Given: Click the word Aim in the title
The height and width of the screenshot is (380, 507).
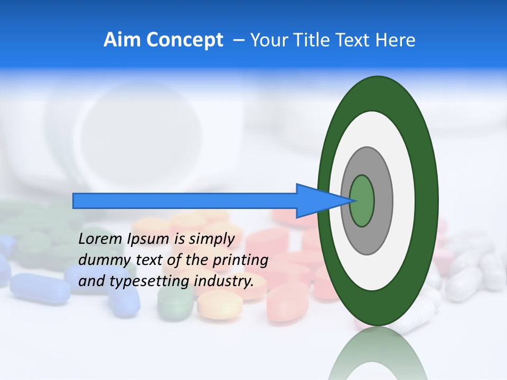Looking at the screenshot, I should tap(122, 40).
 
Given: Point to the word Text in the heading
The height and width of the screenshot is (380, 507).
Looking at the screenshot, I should tap(354, 40).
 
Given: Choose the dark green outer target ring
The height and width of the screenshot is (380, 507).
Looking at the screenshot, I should tap(428, 201).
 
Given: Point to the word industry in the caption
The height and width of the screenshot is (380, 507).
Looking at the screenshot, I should tap(224, 281).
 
